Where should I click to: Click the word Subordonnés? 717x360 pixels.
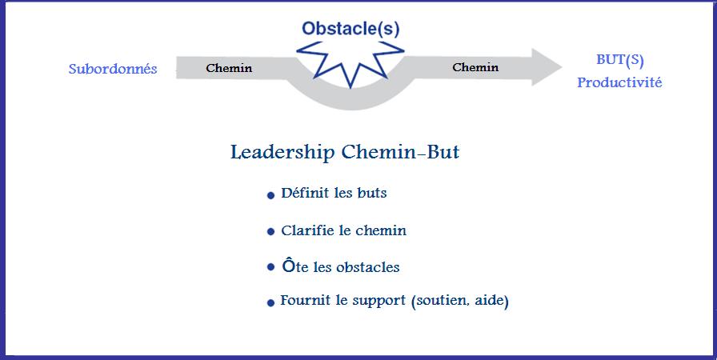point(113,69)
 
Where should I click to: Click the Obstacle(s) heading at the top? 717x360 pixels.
point(350,29)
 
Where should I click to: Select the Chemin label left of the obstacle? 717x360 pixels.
point(229,68)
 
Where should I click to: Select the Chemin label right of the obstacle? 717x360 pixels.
point(475,67)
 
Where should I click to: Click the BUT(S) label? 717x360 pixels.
point(620,60)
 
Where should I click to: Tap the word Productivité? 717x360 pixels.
point(619,82)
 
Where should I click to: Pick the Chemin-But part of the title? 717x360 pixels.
point(400,152)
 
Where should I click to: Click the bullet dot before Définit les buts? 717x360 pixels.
point(270,195)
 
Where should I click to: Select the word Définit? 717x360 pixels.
point(304,193)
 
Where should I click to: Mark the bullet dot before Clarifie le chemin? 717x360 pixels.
point(270,232)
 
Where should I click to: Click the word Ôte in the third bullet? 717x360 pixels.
point(295,266)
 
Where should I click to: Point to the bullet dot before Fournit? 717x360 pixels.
point(270,303)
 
